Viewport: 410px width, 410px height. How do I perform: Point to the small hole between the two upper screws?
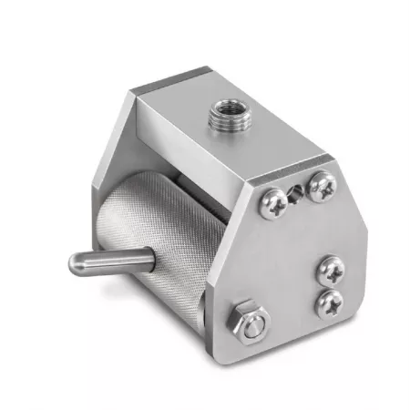click(296, 194)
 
